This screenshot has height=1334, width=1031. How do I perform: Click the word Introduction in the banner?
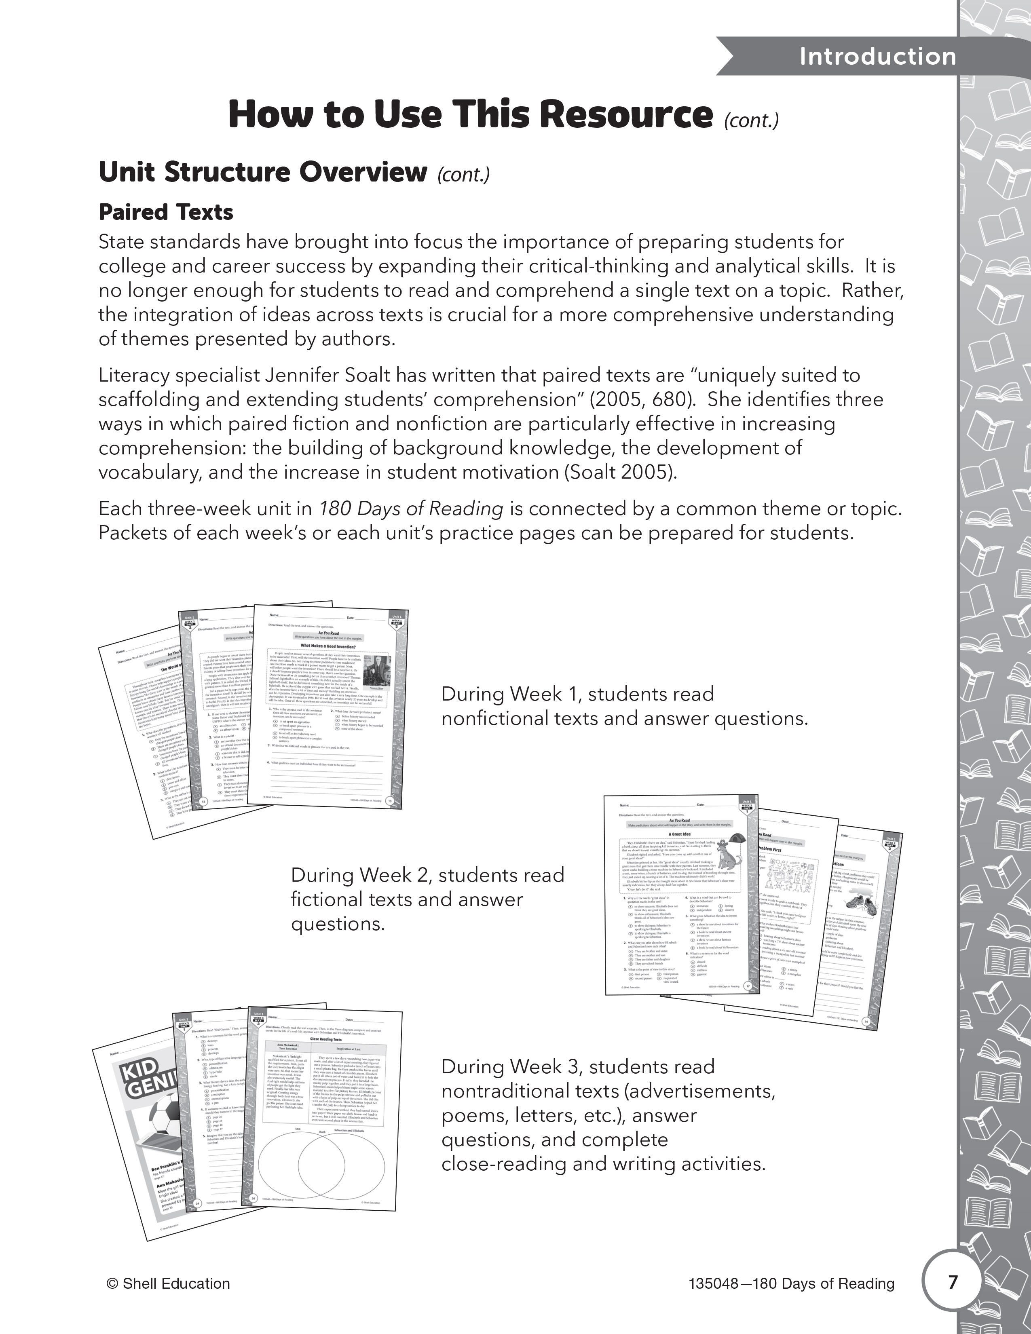pos(878,56)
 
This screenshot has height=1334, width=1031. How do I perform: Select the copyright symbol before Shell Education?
pos(112,1284)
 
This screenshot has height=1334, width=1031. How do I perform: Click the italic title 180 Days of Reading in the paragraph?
pos(411,509)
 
